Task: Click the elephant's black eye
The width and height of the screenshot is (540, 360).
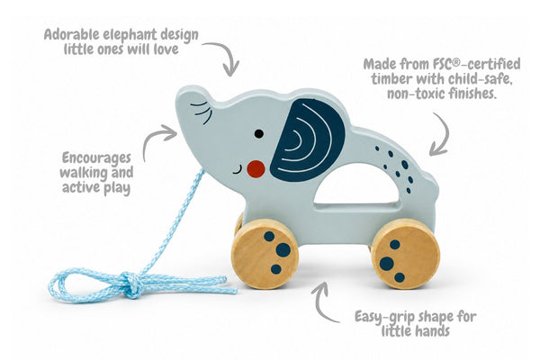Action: pos(259,134)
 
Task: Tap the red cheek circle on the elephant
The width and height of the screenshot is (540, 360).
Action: pos(256,169)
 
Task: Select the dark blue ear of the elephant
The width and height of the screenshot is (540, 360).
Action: pos(307,139)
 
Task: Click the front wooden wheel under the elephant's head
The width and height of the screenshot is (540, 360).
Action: pos(265,254)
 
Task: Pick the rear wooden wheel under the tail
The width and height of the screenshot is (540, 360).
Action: pos(407,254)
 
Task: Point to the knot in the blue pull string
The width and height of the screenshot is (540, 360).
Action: pos(132,283)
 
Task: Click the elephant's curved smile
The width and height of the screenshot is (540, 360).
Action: pos(238,170)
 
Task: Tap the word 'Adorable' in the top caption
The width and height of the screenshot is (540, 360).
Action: pos(71,35)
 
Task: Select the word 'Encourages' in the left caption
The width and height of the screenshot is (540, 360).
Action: pos(97,158)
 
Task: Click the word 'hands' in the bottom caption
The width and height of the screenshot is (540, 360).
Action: pos(433,331)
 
